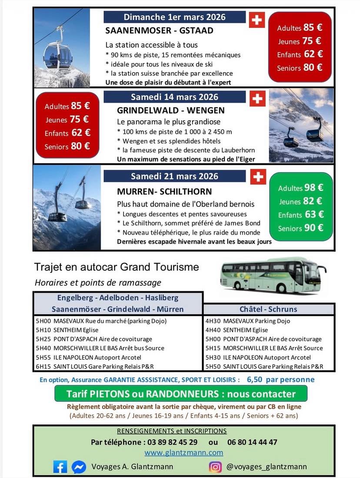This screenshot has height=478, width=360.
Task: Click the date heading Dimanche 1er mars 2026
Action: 175,17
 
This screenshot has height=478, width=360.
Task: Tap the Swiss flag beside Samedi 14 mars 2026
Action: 257,99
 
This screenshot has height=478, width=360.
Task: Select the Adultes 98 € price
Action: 300,188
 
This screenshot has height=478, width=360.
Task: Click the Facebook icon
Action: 60,467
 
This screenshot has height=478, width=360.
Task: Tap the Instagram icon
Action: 215,467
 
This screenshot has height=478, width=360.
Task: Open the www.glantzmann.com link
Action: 184,452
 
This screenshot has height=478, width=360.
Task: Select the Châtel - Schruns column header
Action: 268,309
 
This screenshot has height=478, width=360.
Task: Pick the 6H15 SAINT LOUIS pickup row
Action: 95,366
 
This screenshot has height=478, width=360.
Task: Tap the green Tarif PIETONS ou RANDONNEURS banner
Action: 181,394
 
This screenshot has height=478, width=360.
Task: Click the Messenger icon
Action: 79,467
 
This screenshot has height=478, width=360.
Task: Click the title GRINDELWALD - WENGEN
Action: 171,110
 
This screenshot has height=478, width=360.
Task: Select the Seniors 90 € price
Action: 300,228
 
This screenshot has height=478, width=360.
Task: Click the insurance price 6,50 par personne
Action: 280,379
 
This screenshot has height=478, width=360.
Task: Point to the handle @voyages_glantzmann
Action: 267,467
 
